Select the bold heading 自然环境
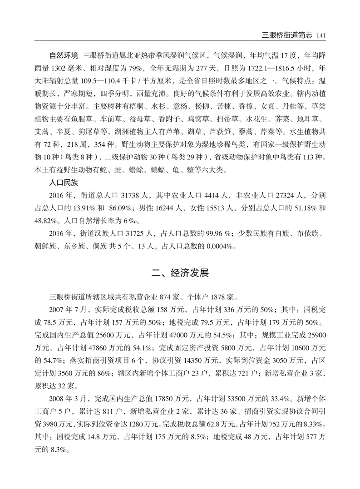coord(64,56)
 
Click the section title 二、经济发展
coord(180,273)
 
